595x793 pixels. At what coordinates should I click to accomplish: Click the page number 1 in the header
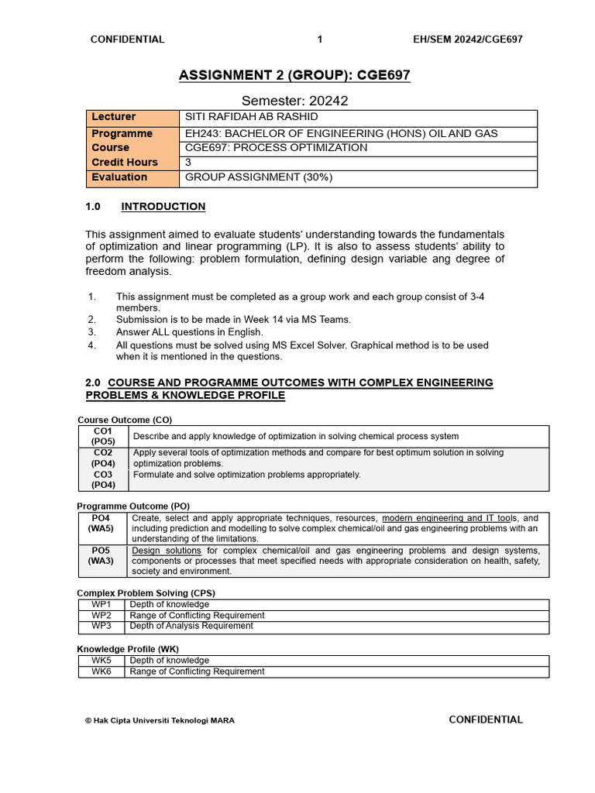(x=320, y=39)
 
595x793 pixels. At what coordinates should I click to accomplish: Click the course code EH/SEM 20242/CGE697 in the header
(x=468, y=39)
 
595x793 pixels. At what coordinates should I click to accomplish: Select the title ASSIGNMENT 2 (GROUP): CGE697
(x=294, y=75)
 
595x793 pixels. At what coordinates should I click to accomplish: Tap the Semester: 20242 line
(x=294, y=101)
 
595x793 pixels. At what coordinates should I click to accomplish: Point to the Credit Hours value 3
(x=188, y=163)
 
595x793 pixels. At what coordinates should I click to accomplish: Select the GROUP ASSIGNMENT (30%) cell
(x=259, y=177)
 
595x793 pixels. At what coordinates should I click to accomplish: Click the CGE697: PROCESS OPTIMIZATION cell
(x=276, y=148)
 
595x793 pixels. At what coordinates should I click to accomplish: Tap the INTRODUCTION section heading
(x=163, y=207)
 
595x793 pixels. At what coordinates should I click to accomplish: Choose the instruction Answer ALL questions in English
(x=190, y=332)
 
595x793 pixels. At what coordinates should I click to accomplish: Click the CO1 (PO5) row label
(x=103, y=436)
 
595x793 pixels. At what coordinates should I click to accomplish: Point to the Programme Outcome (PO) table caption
(x=133, y=506)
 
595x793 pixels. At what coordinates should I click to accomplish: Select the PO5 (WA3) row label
(x=101, y=555)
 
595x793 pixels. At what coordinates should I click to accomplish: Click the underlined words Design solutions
(x=167, y=551)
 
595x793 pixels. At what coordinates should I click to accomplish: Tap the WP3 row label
(x=101, y=626)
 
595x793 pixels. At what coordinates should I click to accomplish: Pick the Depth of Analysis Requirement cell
(x=191, y=626)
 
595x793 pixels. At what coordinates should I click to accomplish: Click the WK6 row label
(x=101, y=671)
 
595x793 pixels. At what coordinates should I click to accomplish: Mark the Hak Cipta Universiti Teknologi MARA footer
(x=160, y=720)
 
